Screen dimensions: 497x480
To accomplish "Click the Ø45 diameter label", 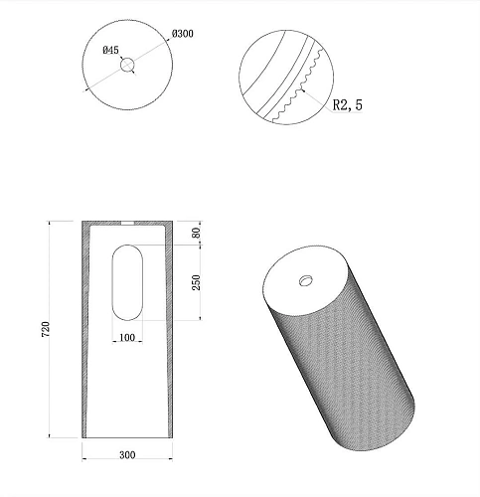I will point(110,49).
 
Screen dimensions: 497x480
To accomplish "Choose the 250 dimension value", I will point(197,283).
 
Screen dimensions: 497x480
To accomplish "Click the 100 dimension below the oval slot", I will point(126,339).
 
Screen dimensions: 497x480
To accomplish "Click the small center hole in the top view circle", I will point(127,65).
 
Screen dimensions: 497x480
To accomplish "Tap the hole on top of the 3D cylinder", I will point(305,277).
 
